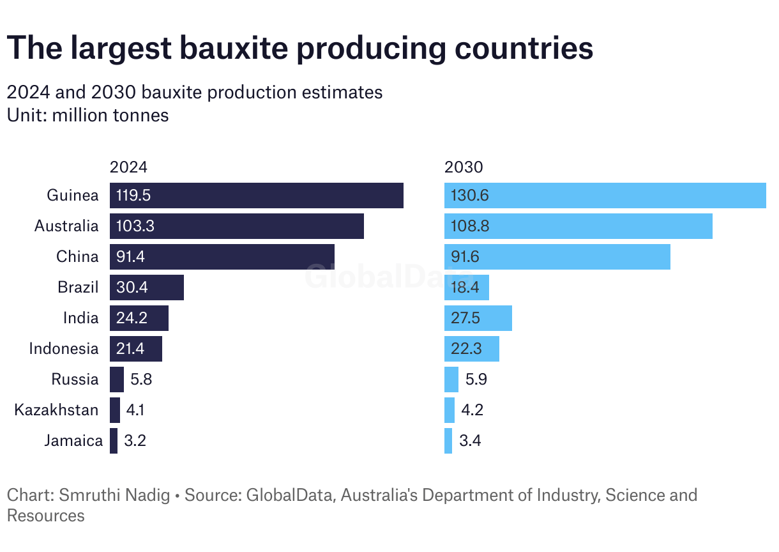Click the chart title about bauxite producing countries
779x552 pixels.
[x=299, y=49]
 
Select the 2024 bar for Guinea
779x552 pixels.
[x=256, y=195]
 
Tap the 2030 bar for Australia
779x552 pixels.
[x=578, y=226]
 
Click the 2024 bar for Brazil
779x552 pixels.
[x=146, y=287]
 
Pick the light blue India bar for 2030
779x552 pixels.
[x=478, y=318]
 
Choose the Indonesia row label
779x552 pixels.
[x=64, y=349]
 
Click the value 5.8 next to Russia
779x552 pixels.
[x=141, y=379]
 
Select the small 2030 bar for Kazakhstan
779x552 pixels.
[x=450, y=410]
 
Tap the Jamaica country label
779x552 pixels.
[x=73, y=441]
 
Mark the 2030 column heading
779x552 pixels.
[x=464, y=167]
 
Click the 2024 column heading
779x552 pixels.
[x=128, y=167]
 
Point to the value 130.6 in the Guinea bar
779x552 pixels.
[x=470, y=195]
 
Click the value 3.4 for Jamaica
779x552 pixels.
[x=469, y=441]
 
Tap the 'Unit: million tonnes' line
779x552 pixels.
[x=87, y=116]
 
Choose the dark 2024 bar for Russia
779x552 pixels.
[x=117, y=379]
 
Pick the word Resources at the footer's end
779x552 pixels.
[x=45, y=516]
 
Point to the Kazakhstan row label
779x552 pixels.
[x=56, y=410]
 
